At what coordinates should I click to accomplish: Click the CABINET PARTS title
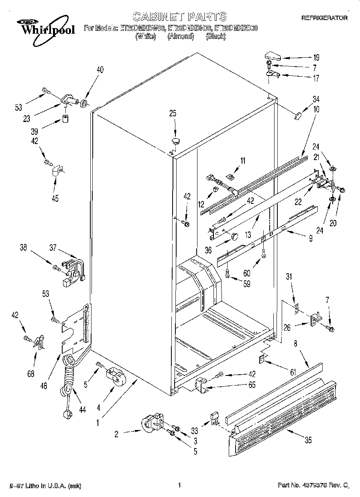coord(179,16)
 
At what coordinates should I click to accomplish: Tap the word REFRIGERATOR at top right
coord(324,18)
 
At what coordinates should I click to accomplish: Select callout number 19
coord(316,57)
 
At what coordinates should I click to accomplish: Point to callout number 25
coord(173,114)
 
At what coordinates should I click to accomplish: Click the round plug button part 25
coord(175,140)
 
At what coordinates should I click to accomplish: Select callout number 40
coord(100,70)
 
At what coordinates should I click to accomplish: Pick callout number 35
coord(308,440)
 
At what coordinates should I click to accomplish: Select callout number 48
coord(44,386)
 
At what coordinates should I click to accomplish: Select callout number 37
coord(53,248)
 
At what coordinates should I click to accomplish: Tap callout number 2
coord(116,433)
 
